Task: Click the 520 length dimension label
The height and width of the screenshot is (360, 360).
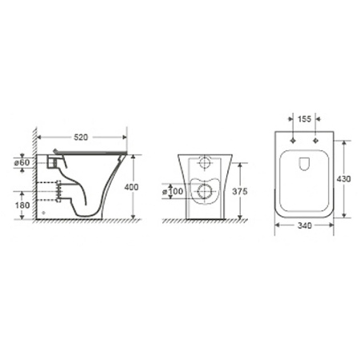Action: pyautogui.click(x=81, y=138)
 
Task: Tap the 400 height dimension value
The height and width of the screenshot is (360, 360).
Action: pyautogui.click(x=131, y=187)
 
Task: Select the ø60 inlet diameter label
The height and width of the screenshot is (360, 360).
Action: pyautogui.click(x=22, y=162)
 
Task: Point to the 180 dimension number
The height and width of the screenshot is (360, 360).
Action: pyautogui.click(x=22, y=206)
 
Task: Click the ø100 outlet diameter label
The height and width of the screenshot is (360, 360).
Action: pyautogui.click(x=173, y=191)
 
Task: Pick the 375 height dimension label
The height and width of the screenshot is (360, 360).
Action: pyautogui.click(x=240, y=191)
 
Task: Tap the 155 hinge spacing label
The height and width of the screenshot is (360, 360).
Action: pyautogui.click(x=304, y=119)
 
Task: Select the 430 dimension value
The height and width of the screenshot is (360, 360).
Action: pyautogui.click(x=344, y=178)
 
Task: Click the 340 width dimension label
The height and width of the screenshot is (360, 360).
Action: pyautogui.click(x=304, y=226)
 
